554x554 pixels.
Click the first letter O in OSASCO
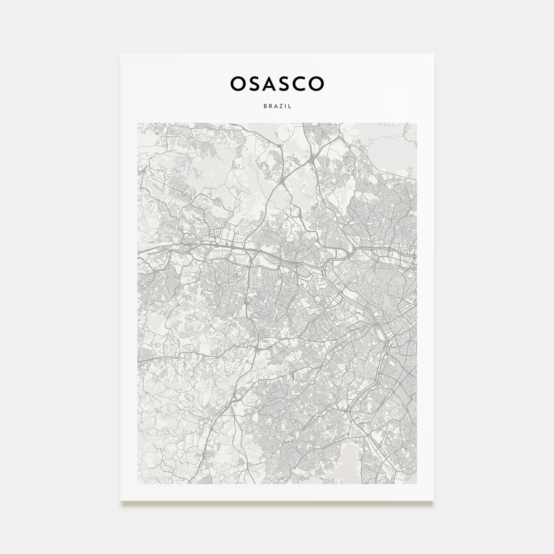point(237,83)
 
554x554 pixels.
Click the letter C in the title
point(302,83)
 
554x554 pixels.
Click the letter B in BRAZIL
point(264,106)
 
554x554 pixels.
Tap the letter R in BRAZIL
point(269,106)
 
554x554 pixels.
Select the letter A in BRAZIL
point(275,106)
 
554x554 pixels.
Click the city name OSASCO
point(277,83)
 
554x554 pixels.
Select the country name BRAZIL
point(277,106)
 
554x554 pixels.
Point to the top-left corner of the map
point(138,123)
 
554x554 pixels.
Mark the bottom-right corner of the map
point(416,484)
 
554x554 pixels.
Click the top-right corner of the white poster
point(433,54)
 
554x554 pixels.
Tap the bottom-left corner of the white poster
point(121,500)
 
